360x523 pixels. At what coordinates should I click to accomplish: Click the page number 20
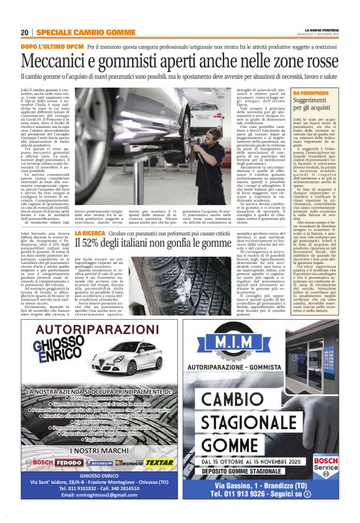click(24, 32)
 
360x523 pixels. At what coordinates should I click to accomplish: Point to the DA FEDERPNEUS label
click(309, 92)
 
